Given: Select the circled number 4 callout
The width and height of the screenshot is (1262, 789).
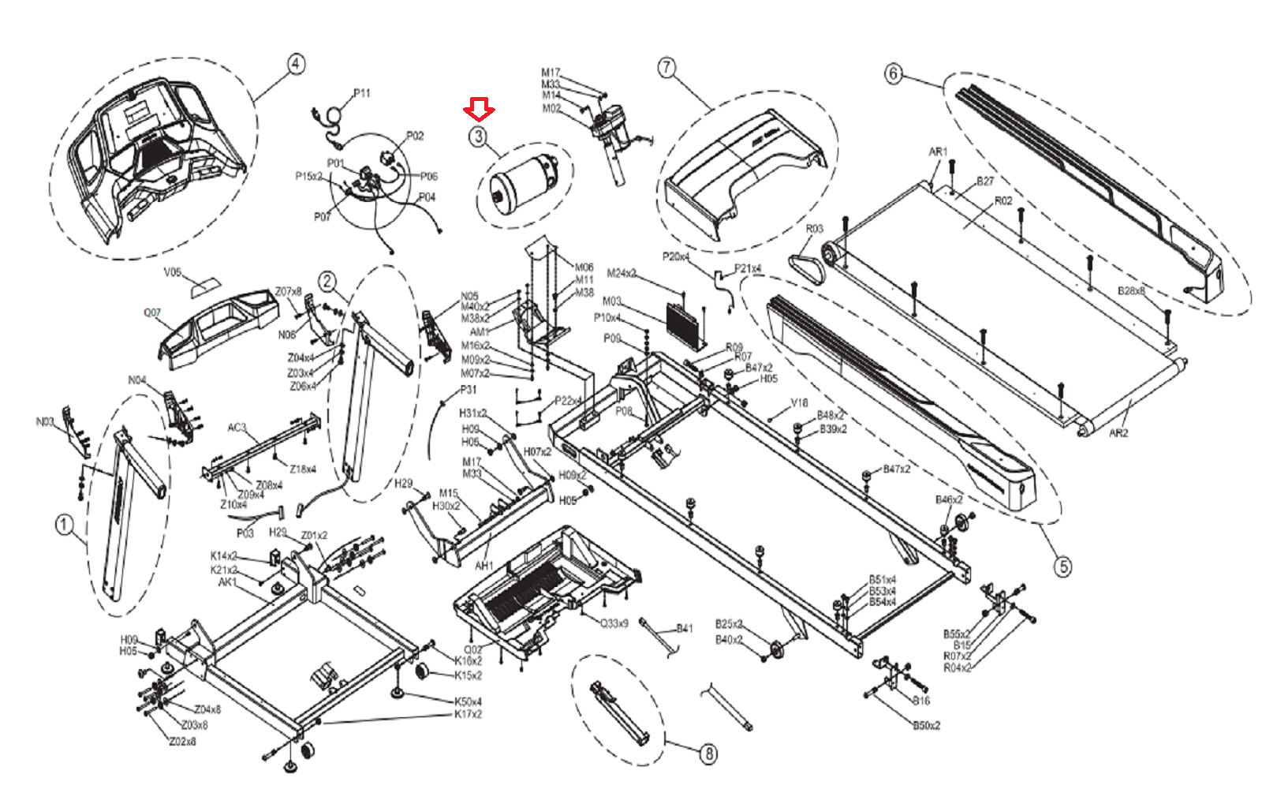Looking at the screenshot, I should click(x=295, y=64).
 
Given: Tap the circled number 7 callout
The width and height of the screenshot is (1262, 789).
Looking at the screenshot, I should click(x=667, y=67).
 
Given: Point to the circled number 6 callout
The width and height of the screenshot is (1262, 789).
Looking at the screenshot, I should click(x=893, y=73).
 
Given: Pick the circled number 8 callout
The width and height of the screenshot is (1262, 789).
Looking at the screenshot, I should click(x=708, y=753).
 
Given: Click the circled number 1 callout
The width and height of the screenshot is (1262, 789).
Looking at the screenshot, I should click(x=65, y=524).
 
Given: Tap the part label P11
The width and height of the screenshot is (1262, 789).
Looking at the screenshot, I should click(x=361, y=93).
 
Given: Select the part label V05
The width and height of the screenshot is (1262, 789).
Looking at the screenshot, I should click(x=173, y=272).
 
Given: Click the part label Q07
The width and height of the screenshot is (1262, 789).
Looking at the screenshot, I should click(x=152, y=312).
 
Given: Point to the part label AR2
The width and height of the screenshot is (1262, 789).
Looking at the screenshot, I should click(x=1118, y=433).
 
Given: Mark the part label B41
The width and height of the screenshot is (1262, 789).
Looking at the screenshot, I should click(x=684, y=628).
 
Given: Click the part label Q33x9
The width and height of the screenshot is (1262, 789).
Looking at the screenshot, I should click(x=614, y=623).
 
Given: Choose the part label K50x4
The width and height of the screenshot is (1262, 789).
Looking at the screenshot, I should click(x=468, y=701).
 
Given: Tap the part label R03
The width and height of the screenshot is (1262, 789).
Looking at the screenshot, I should click(x=814, y=229).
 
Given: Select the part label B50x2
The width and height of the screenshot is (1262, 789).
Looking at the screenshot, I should click(x=926, y=725).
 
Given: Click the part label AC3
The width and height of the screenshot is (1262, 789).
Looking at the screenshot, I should click(x=237, y=428).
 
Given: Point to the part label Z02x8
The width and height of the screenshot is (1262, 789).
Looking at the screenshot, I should click(x=182, y=741).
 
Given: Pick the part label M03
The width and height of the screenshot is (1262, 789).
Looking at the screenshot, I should click(x=612, y=301).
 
